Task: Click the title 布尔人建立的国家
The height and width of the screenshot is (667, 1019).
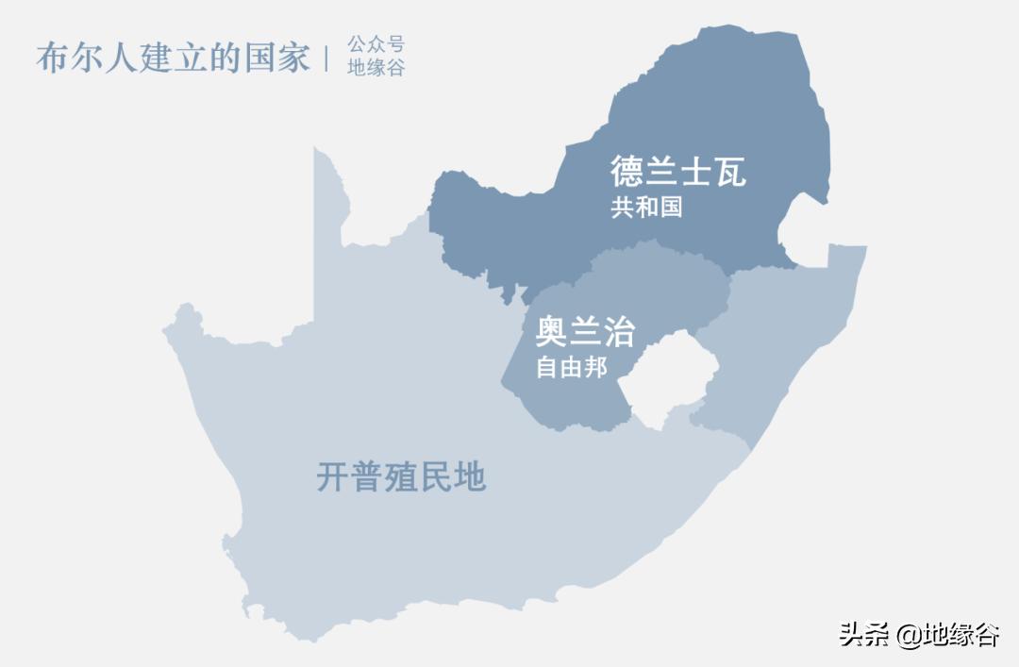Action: coord(173,58)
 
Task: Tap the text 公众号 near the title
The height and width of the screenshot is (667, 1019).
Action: coord(376,44)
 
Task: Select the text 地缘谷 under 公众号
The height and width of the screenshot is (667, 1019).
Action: coord(376,68)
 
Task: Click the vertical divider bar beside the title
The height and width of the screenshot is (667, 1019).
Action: coord(326,58)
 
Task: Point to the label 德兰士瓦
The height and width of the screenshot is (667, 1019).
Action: coord(677,172)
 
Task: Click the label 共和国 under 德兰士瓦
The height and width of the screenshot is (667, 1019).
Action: coord(646,208)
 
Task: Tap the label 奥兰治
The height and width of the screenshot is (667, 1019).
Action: coord(585,332)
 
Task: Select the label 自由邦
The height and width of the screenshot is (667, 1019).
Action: coord(571,367)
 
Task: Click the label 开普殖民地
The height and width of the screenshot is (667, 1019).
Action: coord(401,477)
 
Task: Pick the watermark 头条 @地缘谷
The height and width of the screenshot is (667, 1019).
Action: coord(919,634)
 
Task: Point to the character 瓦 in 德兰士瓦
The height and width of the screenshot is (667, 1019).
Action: coord(729,172)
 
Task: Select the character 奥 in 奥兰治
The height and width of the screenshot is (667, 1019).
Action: coord(552,332)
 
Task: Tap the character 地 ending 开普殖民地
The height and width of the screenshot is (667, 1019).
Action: coord(469,477)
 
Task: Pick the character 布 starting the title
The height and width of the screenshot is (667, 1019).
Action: coord(54,58)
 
